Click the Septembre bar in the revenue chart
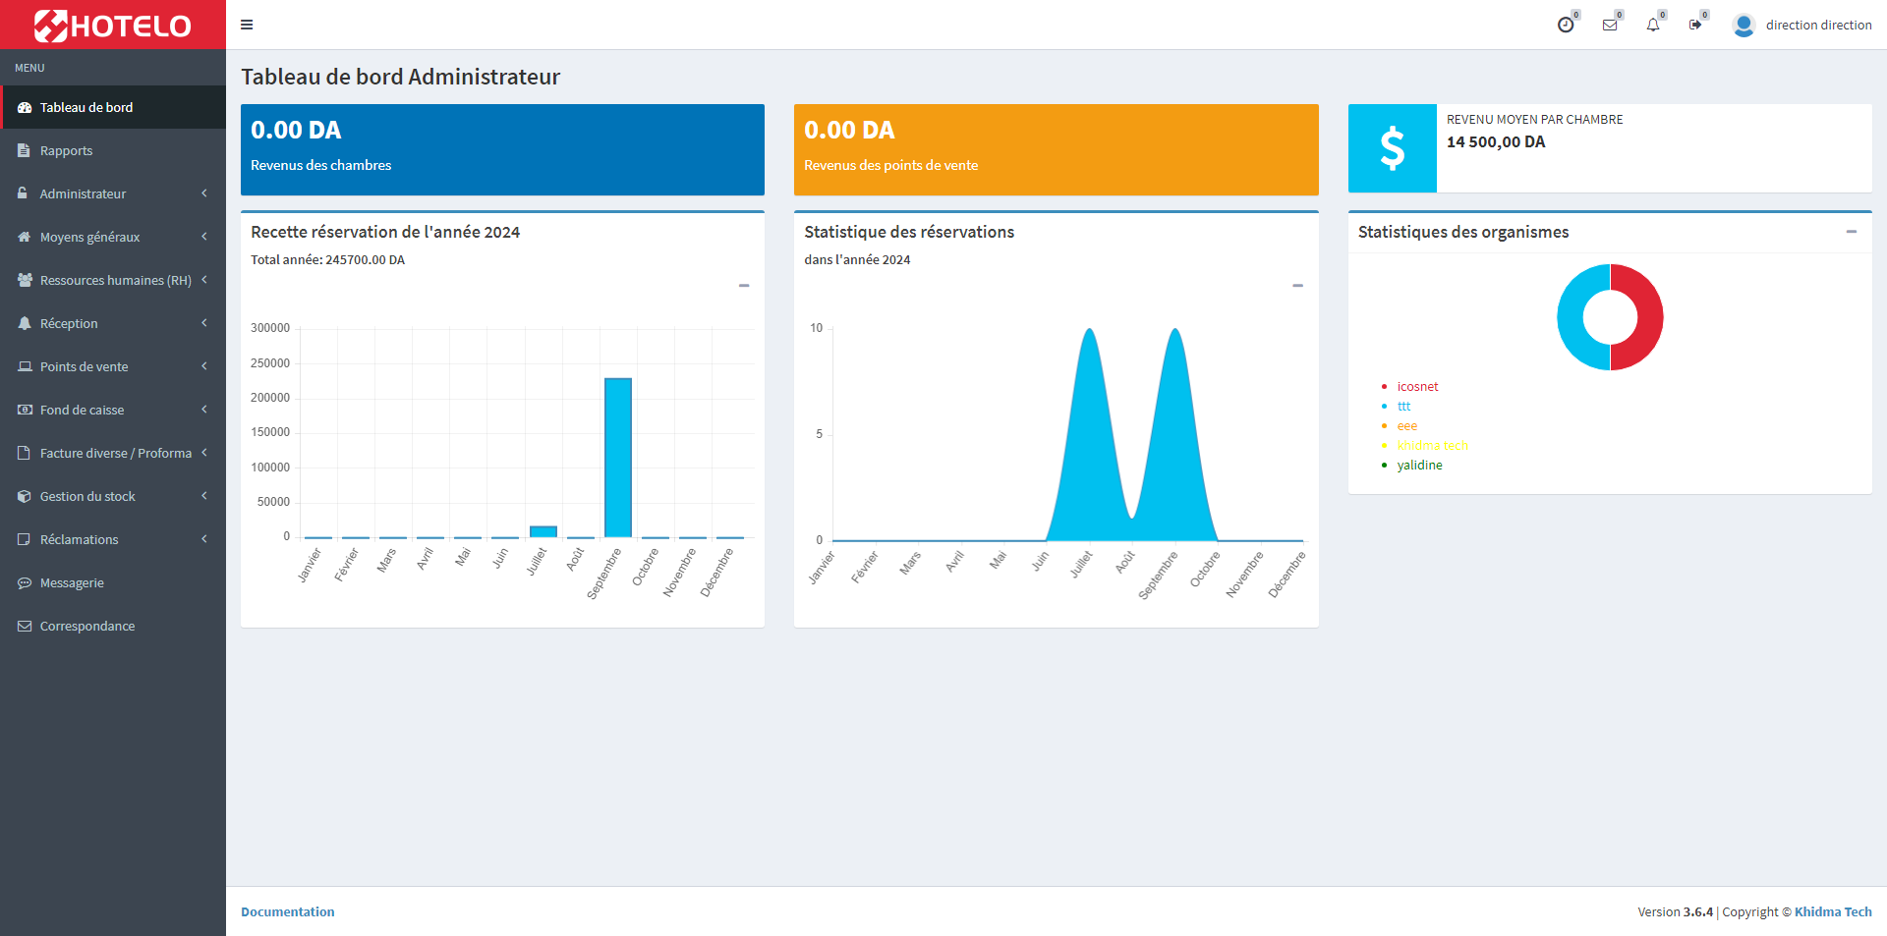[618, 458]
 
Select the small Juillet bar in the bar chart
[543, 531]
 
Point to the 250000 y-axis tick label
[270, 363]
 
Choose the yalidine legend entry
[1419, 466]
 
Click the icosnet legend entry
[1417, 387]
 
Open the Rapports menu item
[66, 151]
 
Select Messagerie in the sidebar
[72, 583]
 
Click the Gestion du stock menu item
[87, 497]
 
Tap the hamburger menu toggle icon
[247, 25]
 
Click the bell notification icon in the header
[1653, 26]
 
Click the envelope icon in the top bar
[1610, 26]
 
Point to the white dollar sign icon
[1392, 148]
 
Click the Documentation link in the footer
[288, 912]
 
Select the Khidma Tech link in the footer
[1833, 912]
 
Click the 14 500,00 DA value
[1496, 142]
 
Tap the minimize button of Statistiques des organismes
[1852, 232]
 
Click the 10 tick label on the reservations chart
[817, 328]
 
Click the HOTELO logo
[113, 26]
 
